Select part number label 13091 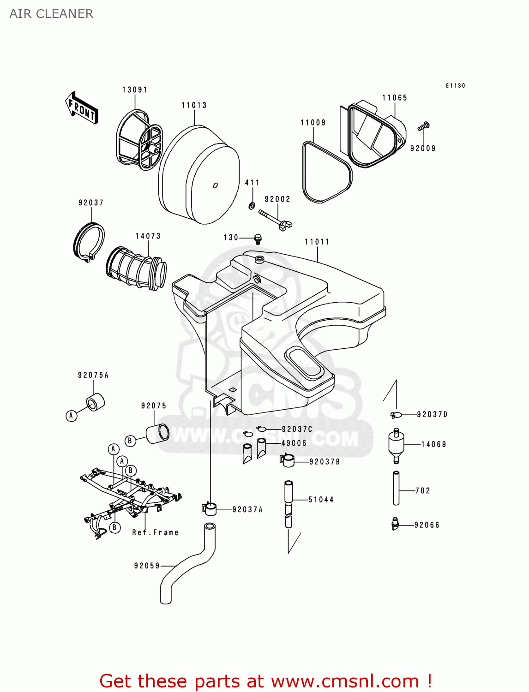(x=135, y=89)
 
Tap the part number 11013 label (x=194, y=105)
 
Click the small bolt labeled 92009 (x=424, y=125)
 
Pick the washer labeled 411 (x=252, y=205)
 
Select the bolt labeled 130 (x=258, y=239)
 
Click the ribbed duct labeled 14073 (x=137, y=268)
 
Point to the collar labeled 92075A (x=96, y=402)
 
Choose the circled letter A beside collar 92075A (x=71, y=416)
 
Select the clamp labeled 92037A (x=209, y=509)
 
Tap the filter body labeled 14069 (x=396, y=445)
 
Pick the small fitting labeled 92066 (x=395, y=524)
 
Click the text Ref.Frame (x=155, y=532)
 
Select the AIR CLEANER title (x=51, y=14)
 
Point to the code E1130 (x=455, y=85)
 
